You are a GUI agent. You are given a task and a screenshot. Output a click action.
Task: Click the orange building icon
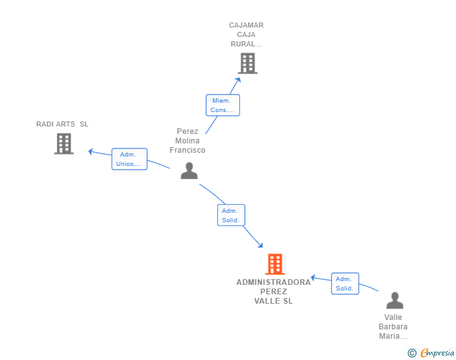(x=275, y=264)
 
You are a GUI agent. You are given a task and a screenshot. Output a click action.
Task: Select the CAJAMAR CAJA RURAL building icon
(x=248, y=63)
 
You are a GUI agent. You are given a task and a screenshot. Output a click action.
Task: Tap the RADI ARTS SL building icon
(x=64, y=143)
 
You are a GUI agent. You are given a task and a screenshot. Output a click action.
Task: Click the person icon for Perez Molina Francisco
(x=189, y=171)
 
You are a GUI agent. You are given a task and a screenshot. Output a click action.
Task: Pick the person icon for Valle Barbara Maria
(x=395, y=301)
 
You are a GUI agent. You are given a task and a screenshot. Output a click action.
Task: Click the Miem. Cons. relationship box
(x=223, y=105)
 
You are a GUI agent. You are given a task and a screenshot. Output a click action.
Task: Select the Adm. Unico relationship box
(x=130, y=159)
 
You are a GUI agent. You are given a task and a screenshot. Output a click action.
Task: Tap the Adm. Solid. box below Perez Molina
(x=231, y=215)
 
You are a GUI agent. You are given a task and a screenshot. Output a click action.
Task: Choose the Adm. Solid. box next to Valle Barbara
(x=345, y=284)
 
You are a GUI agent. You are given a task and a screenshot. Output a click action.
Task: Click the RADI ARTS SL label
(x=62, y=124)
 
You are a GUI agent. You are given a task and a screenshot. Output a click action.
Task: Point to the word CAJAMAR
(x=246, y=25)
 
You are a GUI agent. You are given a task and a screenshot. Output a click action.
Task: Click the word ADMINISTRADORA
(x=273, y=282)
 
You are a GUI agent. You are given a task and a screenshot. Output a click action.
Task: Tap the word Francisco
(x=187, y=150)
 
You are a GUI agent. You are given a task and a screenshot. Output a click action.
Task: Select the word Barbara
(x=393, y=327)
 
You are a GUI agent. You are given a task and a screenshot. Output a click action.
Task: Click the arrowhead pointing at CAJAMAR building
(x=239, y=80)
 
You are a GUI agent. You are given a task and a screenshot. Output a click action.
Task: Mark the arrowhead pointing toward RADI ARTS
(x=90, y=152)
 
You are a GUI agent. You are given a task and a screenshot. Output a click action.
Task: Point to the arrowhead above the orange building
(x=261, y=245)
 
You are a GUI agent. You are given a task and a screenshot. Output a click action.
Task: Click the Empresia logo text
(x=437, y=352)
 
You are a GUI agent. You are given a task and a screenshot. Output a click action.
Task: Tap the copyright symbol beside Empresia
(x=412, y=353)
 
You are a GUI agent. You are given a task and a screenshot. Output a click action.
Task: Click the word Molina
(x=187, y=141)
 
